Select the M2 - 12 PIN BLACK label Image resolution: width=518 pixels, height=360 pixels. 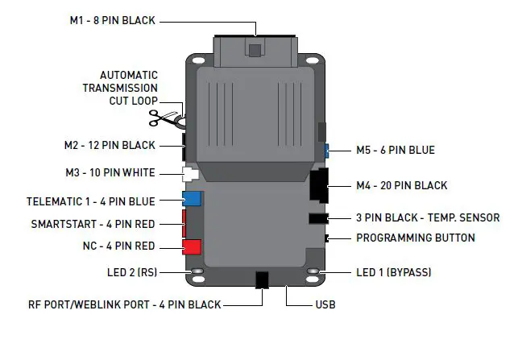pos(110,146)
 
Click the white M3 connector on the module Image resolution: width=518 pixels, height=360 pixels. pos(191,173)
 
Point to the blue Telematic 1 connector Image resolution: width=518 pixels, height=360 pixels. pos(192,199)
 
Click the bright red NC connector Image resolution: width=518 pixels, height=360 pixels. pos(191,246)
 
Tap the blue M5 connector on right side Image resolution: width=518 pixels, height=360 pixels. pos(326,150)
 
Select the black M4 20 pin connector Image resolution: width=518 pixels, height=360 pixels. pos(318,186)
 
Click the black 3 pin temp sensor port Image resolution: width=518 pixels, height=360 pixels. pos(317,217)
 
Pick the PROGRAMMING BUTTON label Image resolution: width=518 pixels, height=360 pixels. pos(415,238)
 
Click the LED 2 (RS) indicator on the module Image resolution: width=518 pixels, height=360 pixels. pos(195,272)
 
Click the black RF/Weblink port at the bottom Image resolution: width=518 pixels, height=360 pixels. pos(262,279)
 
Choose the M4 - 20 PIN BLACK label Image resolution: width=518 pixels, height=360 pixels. pos(401,186)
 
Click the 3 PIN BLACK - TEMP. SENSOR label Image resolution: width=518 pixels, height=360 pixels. pos(428,217)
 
